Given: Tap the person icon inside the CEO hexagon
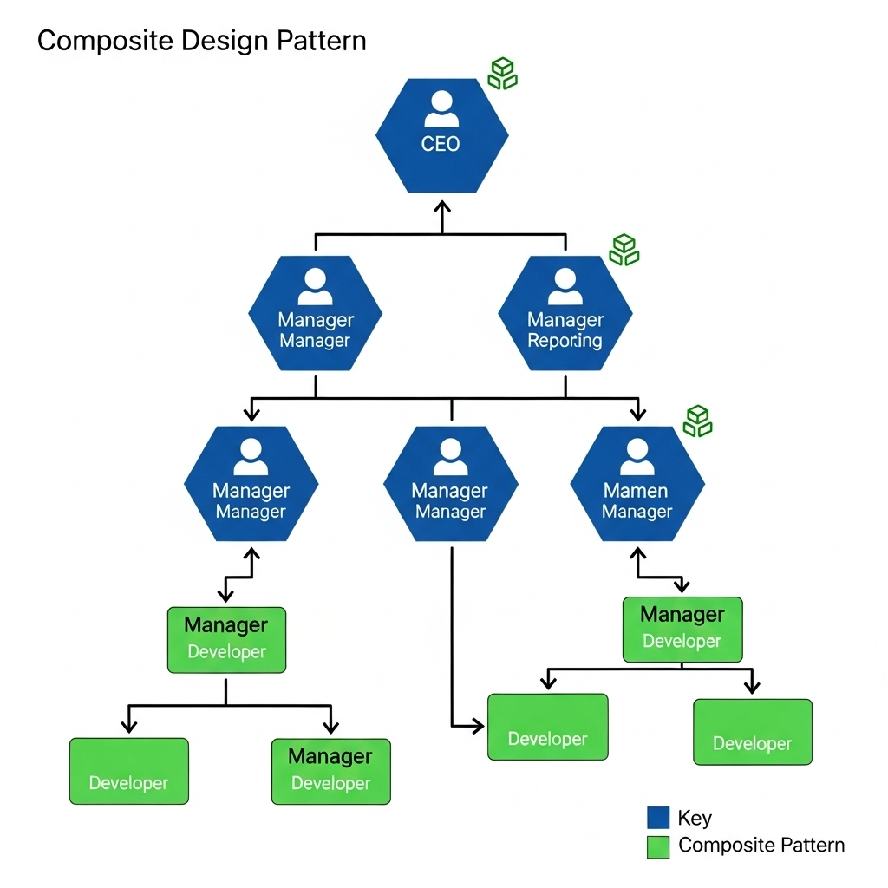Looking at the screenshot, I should click(441, 109).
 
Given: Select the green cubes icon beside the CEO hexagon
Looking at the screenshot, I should click(502, 74).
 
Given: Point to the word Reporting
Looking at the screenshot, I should click(565, 341).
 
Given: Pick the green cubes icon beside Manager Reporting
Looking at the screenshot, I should click(624, 250).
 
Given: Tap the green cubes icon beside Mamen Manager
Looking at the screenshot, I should click(697, 421).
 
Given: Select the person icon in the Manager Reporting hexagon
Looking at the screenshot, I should click(565, 286).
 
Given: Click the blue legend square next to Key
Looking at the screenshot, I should click(658, 818).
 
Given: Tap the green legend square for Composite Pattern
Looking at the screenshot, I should click(658, 846).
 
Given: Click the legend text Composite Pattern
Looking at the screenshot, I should click(761, 846).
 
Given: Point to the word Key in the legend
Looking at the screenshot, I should click(695, 818).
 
